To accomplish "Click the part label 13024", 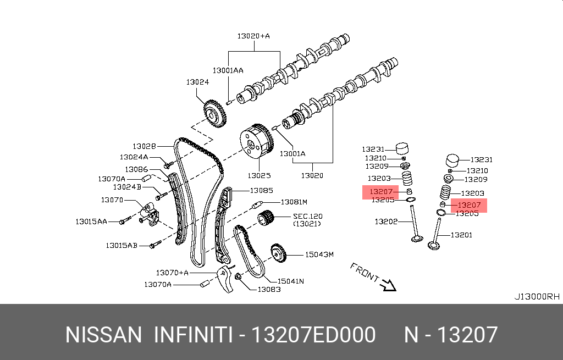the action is (197, 82).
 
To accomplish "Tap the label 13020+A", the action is (253, 36).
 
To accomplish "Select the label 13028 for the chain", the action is (144, 146).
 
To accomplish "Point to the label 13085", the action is (262, 191).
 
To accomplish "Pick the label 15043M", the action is (319, 255).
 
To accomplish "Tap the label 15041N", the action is (291, 281).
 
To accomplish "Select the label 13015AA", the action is (91, 221).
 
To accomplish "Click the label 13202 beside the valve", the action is (386, 221).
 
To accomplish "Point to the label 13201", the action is (461, 235).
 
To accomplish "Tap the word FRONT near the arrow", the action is (365, 273).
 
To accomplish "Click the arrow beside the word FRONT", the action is (389, 284).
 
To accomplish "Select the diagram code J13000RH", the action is (537, 296).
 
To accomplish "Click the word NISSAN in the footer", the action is (103, 335).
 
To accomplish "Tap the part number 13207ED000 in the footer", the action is (313, 335).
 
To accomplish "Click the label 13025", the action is (258, 176).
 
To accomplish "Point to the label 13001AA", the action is (228, 70).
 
